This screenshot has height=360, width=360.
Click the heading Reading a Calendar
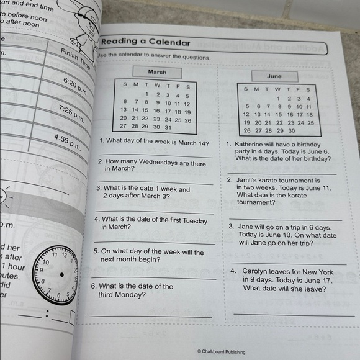tap(146, 42)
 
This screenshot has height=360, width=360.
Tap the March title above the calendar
tap(157, 73)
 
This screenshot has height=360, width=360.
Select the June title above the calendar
tap(274, 76)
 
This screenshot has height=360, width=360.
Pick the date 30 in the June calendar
tap(290, 131)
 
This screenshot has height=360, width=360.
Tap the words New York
tap(318, 272)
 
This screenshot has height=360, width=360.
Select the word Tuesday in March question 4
tap(192, 220)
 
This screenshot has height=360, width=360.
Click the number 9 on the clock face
tap(42, 270)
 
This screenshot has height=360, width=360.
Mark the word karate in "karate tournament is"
tap(281, 180)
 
